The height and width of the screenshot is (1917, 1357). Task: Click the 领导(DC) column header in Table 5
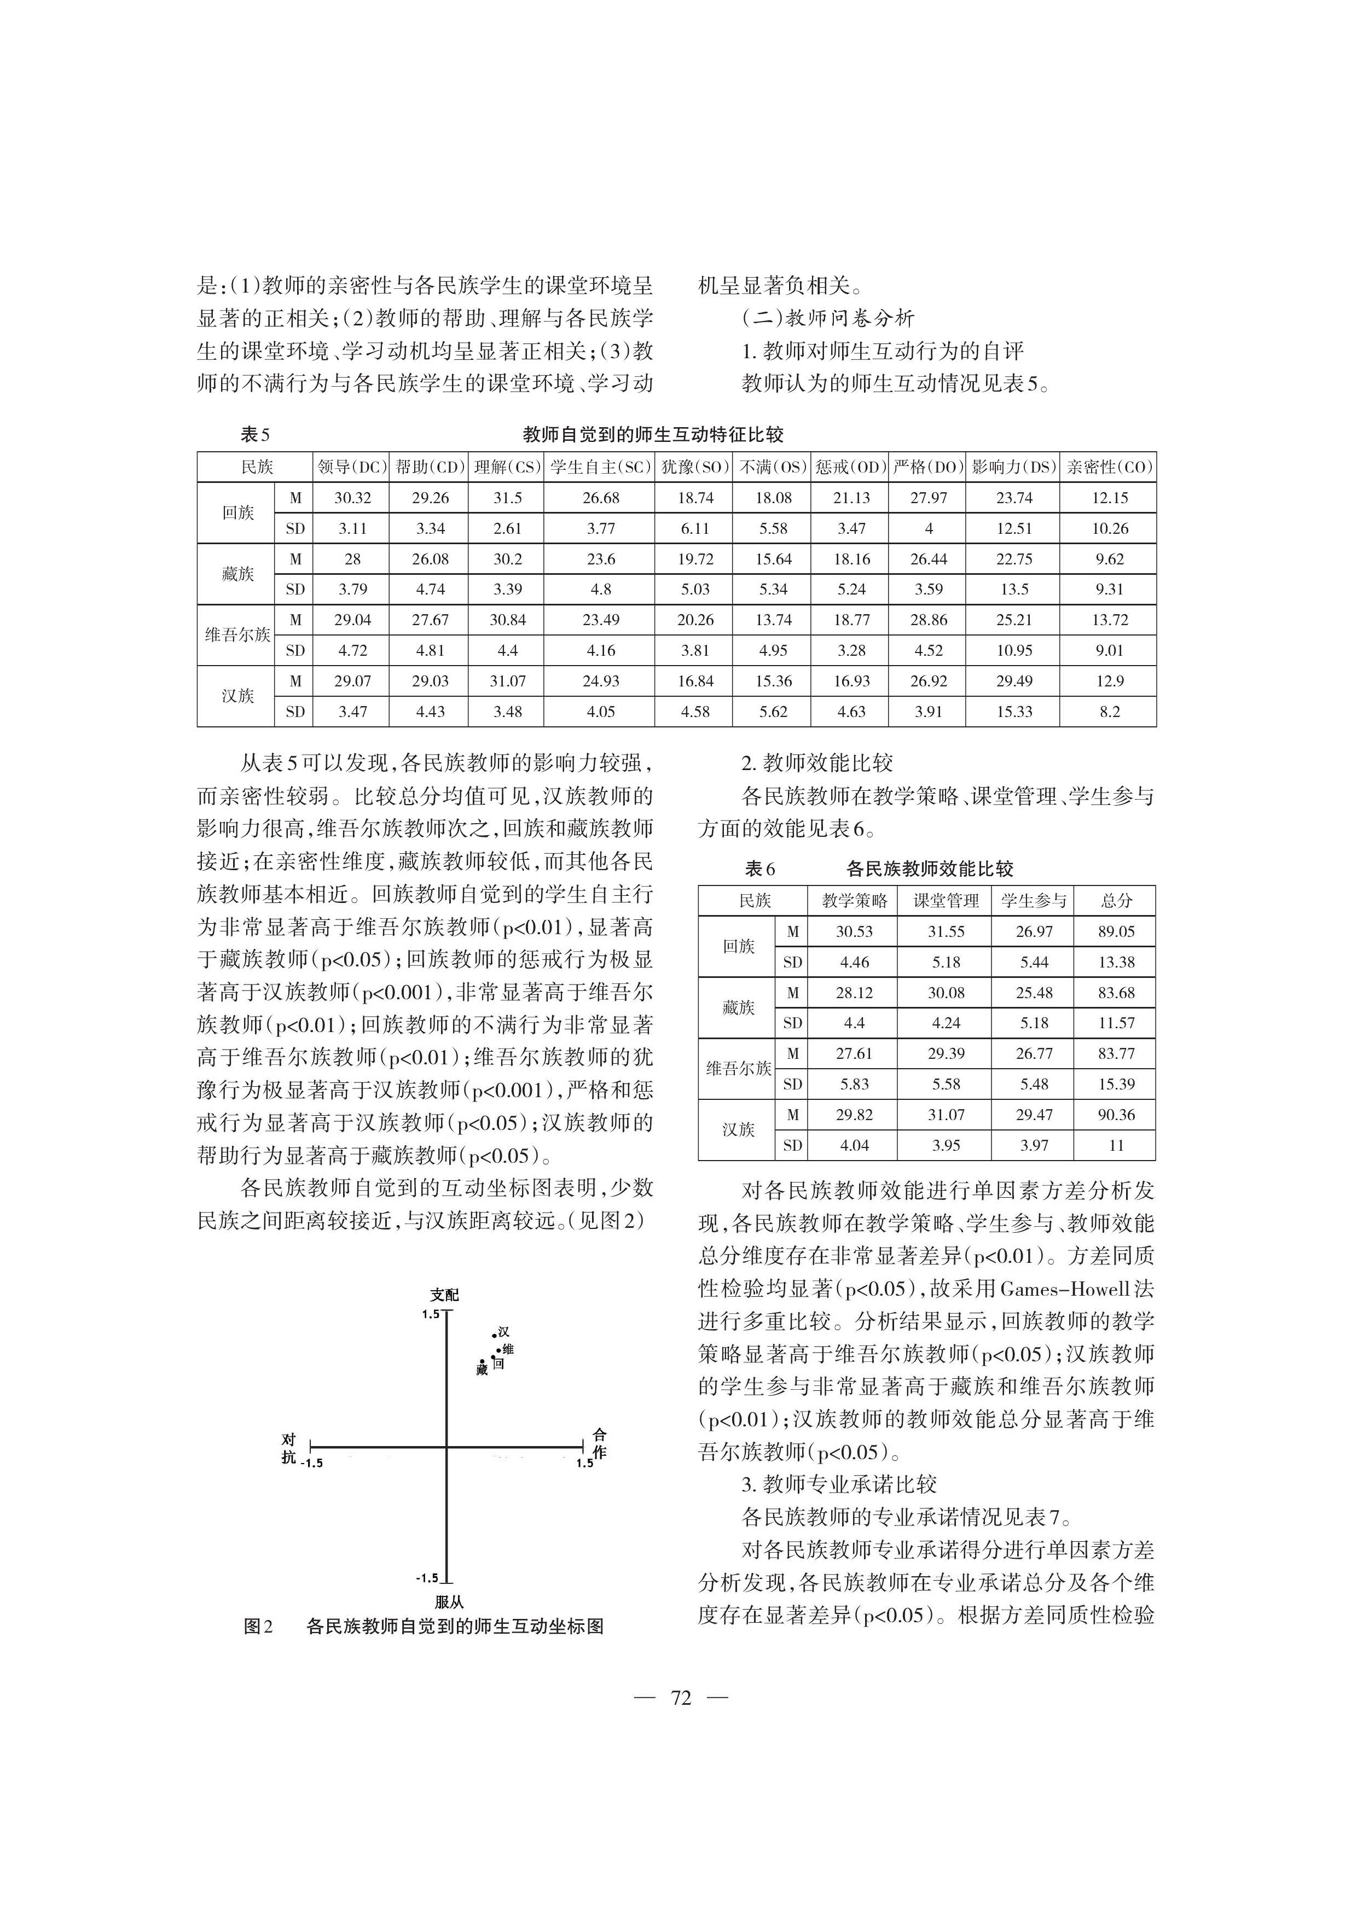(x=352, y=467)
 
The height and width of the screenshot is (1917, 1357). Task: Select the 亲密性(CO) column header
(x=1109, y=467)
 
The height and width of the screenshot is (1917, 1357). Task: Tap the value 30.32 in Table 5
(x=352, y=498)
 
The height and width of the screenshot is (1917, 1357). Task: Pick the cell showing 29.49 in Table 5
(x=1013, y=681)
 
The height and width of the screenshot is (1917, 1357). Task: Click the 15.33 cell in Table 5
(x=1013, y=712)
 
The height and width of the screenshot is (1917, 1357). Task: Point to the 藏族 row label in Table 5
(x=237, y=574)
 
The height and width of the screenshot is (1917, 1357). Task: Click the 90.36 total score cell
(x=1116, y=1114)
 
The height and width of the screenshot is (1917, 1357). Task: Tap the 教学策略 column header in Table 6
(x=854, y=900)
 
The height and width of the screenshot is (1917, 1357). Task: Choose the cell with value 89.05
(x=1116, y=931)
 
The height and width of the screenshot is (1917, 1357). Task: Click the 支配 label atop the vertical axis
(x=444, y=1295)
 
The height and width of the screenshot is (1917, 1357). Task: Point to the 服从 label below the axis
(x=449, y=1602)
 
